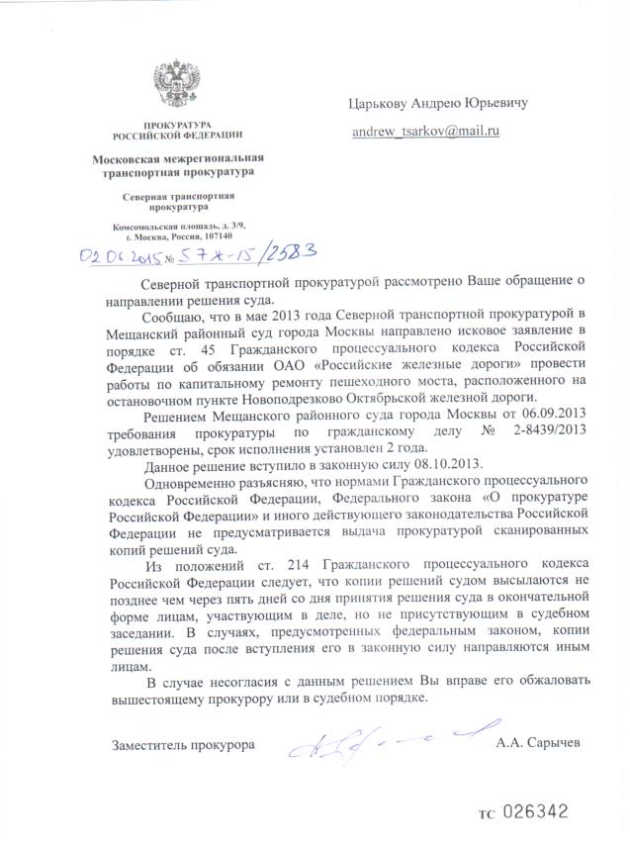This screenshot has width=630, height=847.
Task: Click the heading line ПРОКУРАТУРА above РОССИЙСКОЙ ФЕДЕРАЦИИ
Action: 178,124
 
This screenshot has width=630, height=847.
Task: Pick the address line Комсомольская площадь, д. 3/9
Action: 178,227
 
